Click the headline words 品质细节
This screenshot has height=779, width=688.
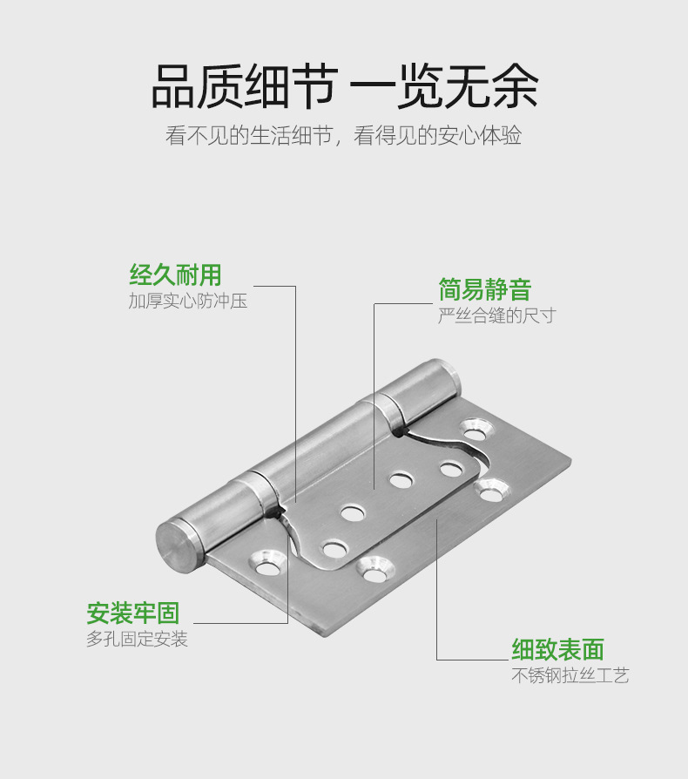point(242,85)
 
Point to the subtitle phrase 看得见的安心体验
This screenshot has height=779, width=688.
point(438,136)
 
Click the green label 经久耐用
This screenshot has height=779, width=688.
point(176,276)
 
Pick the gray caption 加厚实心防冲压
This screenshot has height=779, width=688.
point(188,301)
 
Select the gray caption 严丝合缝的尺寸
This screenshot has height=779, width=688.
point(496,315)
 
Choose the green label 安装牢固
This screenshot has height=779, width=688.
point(133,613)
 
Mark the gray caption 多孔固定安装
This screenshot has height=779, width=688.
point(138,639)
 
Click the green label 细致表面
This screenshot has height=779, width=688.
point(557,649)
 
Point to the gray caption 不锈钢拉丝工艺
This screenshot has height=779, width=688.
point(570,675)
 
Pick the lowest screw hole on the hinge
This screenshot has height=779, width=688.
point(374,569)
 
